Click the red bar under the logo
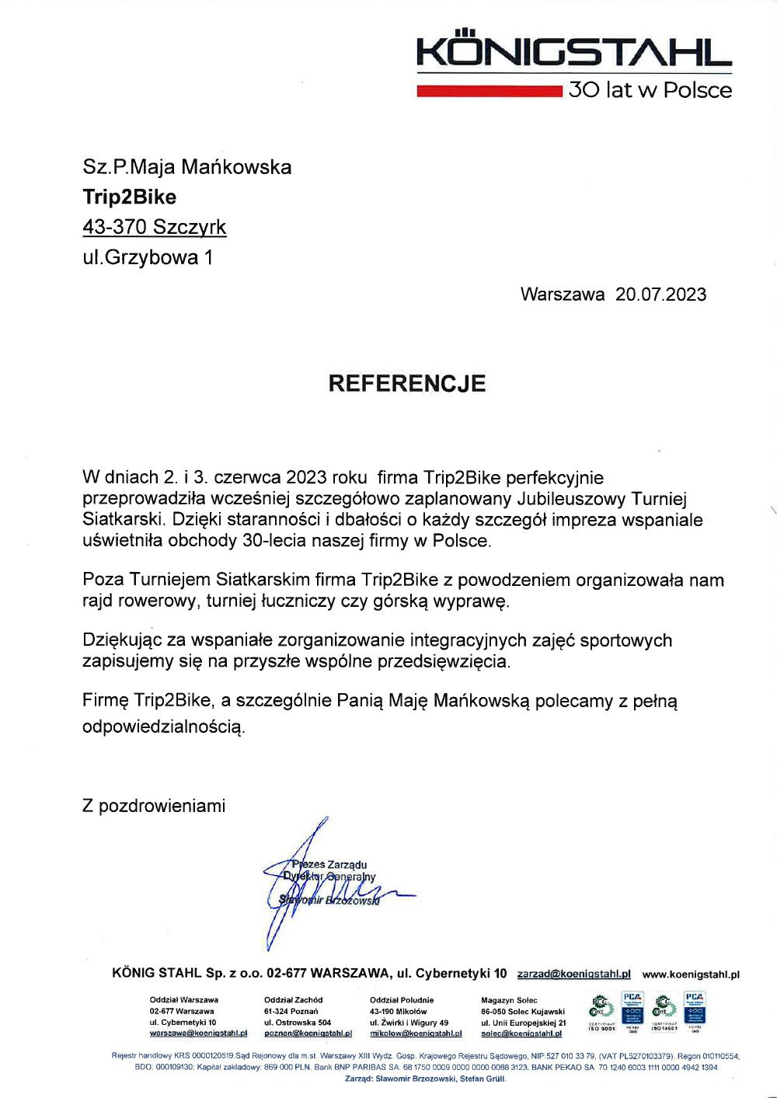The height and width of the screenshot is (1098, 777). (489, 92)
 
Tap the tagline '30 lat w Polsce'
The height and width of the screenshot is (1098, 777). (650, 90)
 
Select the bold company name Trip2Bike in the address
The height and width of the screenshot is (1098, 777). (129, 197)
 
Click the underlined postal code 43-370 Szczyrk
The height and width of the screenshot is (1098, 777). (154, 227)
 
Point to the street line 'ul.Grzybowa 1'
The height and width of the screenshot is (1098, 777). (147, 257)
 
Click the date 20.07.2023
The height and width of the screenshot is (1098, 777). (660, 295)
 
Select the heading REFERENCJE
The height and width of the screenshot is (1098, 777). (406, 383)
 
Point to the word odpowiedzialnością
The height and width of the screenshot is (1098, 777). (163, 727)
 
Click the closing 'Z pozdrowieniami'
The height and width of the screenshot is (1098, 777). (154, 806)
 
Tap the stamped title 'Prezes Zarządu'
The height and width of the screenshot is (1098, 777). (330, 864)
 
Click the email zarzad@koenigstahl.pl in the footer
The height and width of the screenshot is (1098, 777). (573, 974)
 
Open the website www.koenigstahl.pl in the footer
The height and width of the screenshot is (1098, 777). (690, 974)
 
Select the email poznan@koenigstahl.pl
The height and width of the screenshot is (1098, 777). (308, 1034)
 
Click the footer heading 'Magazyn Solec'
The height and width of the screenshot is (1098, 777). (509, 1000)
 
